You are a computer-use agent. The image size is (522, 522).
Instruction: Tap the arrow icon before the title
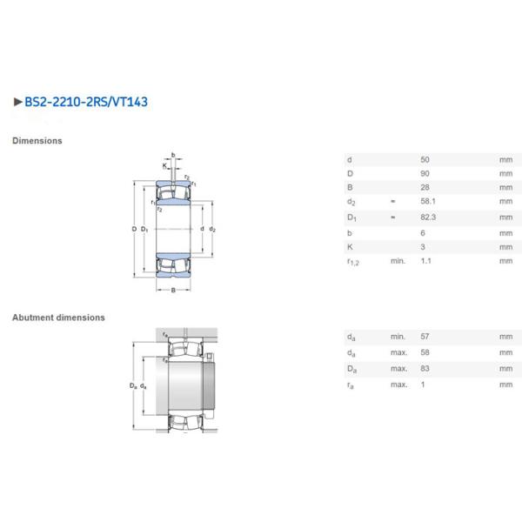point(18,102)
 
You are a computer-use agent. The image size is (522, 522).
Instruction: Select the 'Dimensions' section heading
point(37,140)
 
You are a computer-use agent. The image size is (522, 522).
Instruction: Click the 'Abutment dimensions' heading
point(58,318)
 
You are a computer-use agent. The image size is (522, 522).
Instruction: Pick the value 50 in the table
point(425,160)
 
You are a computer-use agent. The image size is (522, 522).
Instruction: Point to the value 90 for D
point(425,174)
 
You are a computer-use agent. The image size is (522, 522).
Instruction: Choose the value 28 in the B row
point(425,188)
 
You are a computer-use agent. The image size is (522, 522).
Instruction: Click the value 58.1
point(427,203)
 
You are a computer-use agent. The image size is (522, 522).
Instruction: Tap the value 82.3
point(427,217)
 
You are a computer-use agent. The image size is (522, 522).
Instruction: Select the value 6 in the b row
point(423,232)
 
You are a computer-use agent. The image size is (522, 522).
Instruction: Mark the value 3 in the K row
point(423,246)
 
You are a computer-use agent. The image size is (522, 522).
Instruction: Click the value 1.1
point(425,261)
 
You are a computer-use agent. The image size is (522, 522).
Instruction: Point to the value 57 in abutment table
point(425,337)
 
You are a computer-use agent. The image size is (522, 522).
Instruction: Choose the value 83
point(425,369)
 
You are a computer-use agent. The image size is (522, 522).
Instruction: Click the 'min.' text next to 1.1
point(398,261)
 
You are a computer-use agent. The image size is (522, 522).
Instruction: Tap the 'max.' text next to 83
point(398,369)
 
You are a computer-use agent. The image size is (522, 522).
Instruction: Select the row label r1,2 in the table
point(352,262)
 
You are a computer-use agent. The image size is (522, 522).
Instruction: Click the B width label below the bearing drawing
point(173,290)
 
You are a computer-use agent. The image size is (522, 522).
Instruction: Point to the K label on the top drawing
point(164,165)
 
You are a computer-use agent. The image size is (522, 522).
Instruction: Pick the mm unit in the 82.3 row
point(505,217)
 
